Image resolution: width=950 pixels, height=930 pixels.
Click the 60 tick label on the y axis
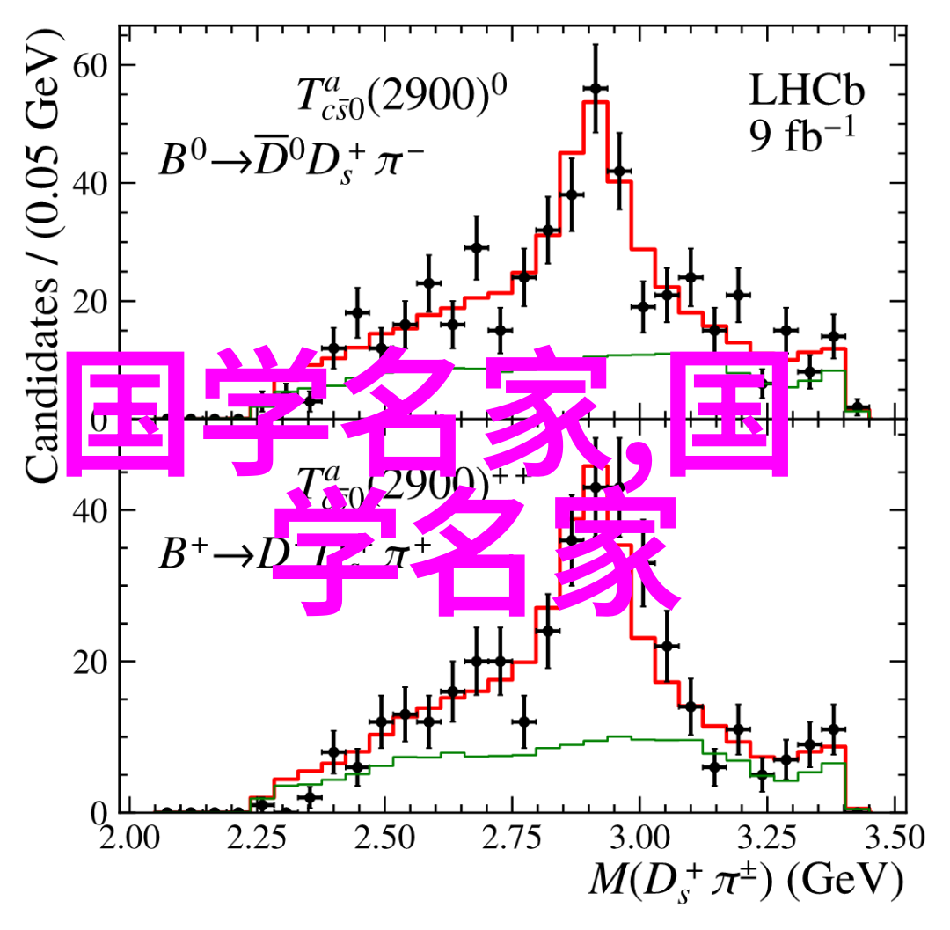tap(92, 66)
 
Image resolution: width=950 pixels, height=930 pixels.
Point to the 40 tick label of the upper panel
tap(92, 184)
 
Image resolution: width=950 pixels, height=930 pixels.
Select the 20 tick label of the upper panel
tap(92, 302)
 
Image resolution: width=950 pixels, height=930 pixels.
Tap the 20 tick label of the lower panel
tap(92, 662)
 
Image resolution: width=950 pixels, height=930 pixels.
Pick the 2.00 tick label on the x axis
tap(128, 837)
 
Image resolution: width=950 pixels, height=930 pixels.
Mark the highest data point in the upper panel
tap(596, 88)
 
